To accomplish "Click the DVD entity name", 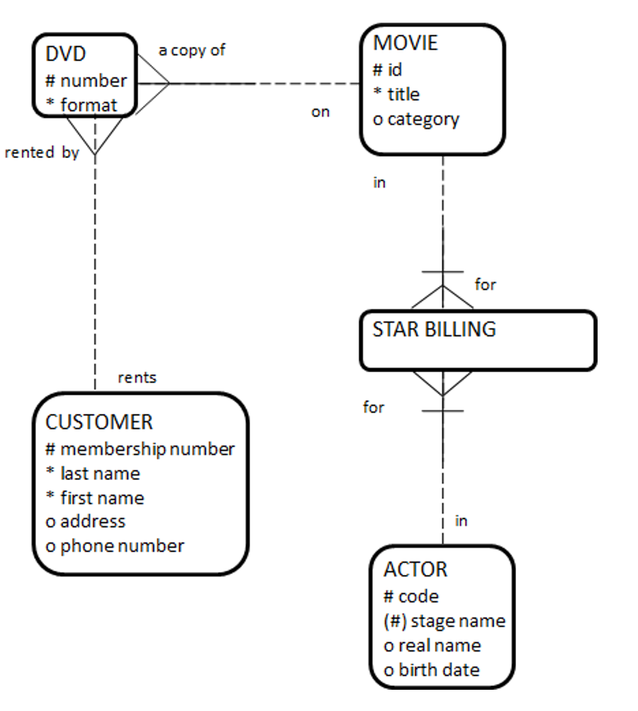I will [66, 55].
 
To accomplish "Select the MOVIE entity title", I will [405, 43].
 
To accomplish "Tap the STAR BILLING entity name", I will [434, 330].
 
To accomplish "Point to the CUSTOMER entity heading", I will [99, 422].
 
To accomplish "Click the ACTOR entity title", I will [415, 570].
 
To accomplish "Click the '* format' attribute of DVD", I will [81, 106].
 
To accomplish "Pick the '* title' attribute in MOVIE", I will [396, 94].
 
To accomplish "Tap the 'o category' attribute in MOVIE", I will [416, 119].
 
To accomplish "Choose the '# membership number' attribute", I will [140, 449].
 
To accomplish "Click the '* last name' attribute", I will [93, 473].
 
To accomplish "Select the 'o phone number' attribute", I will [115, 546].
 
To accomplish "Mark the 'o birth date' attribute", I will [432, 670].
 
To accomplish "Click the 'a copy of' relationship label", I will [191, 51].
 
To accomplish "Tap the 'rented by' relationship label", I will [42, 152].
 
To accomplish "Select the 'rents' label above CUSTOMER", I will [137, 378].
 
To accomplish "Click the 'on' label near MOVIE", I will [320, 112].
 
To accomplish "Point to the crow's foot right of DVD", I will [153, 84].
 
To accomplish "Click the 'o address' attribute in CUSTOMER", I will [86, 522].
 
